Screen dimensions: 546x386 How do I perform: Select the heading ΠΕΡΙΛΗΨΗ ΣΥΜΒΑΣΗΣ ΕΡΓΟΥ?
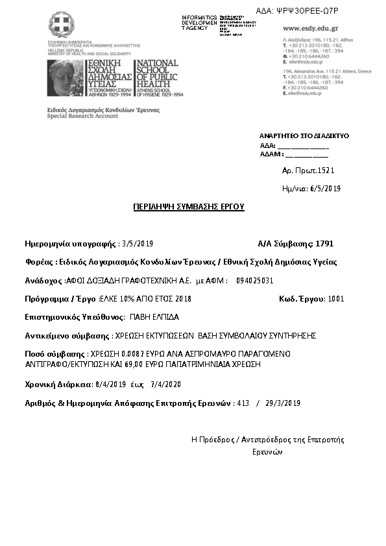tap(188, 206)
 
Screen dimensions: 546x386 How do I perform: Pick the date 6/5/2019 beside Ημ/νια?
tap(326, 189)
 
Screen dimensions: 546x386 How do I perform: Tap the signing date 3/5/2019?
tap(137, 244)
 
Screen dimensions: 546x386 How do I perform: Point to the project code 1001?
tap(337, 299)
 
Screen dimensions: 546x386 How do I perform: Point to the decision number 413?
tap(243, 403)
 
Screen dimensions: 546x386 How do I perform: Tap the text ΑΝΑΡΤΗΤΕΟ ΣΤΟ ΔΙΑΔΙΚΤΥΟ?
tap(304, 136)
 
